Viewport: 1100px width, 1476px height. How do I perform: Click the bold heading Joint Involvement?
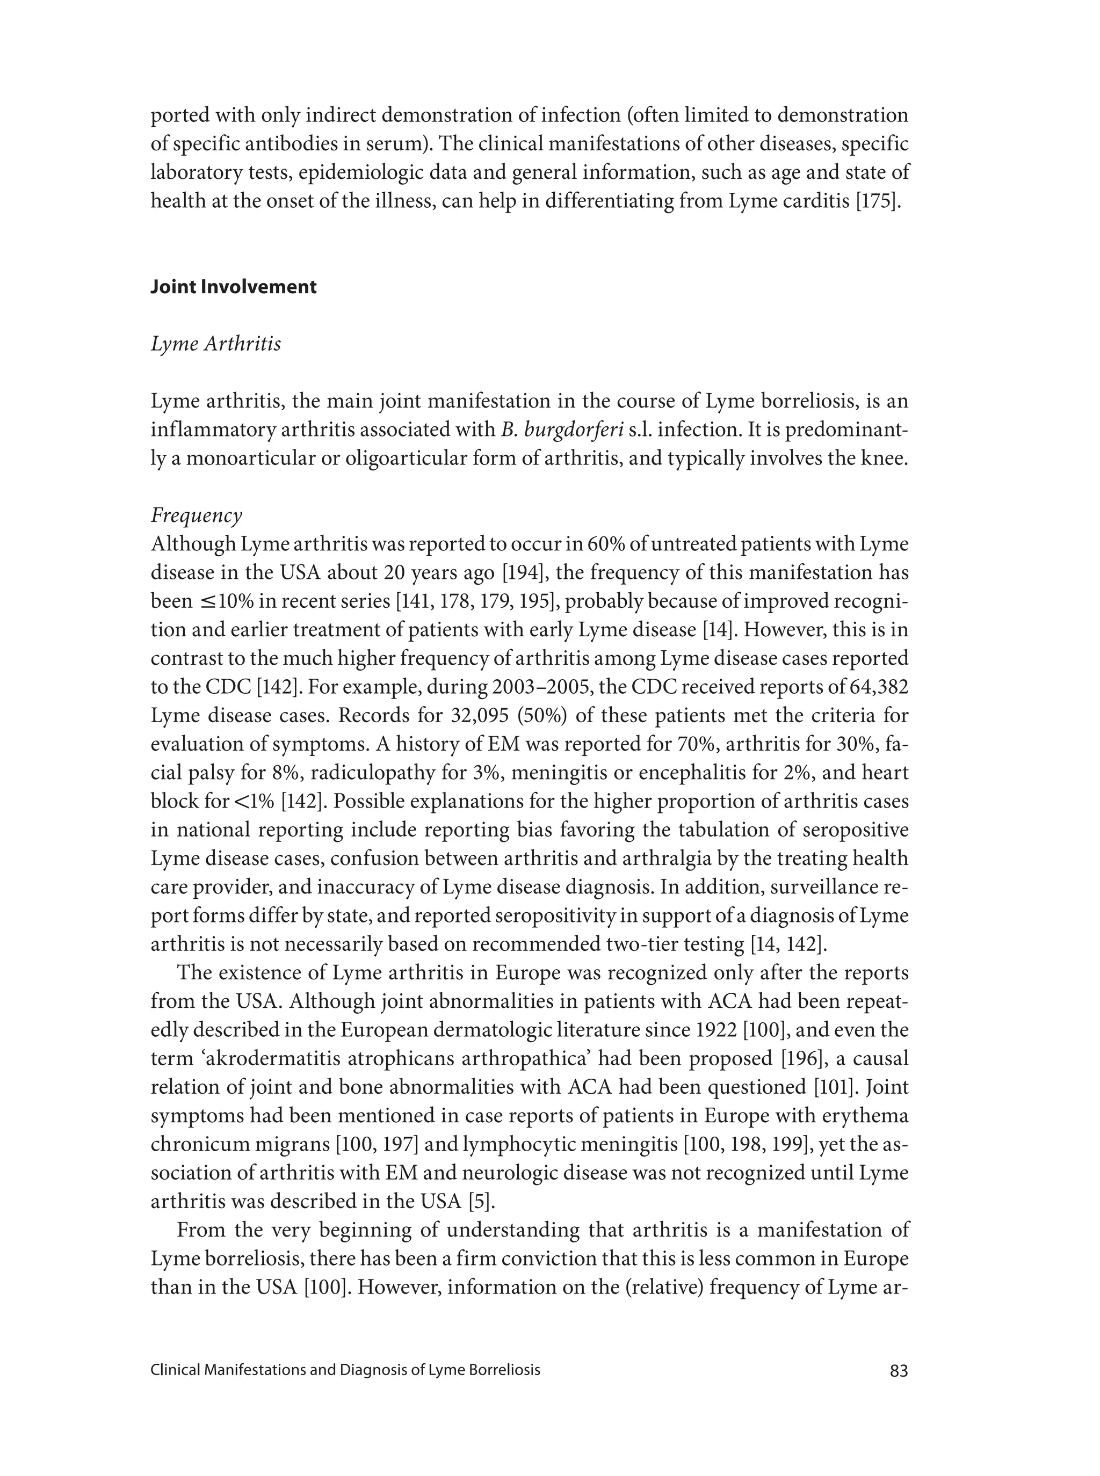[x=233, y=287]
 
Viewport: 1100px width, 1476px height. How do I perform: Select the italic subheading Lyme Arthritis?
[x=216, y=344]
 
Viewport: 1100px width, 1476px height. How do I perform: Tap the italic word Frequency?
[x=197, y=516]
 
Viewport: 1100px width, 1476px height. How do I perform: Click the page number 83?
[x=898, y=1371]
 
